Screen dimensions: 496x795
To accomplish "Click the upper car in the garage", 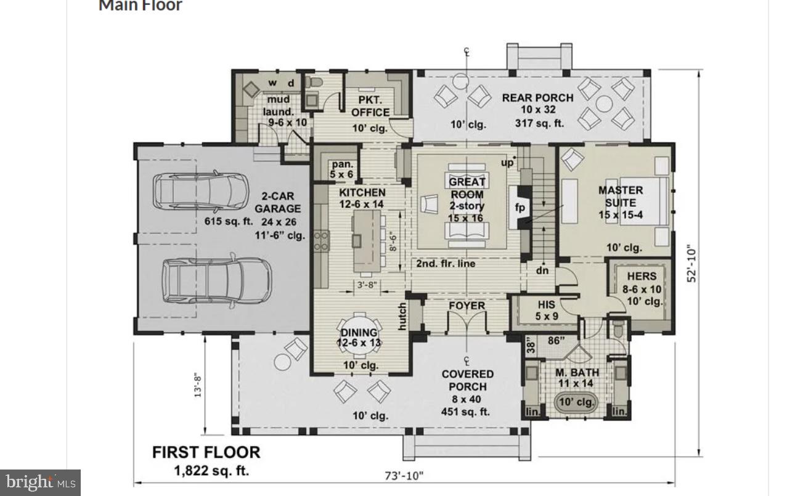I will (x=200, y=192).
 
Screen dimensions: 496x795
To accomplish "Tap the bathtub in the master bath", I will (x=576, y=403).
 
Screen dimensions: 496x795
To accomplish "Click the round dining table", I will (x=357, y=339).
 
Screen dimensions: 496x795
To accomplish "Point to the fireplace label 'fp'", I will (x=520, y=208).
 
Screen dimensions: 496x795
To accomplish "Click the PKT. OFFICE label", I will (x=370, y=106).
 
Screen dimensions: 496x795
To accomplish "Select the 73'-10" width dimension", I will (x=404, y=475).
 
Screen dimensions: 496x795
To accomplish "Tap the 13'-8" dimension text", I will (x=198, y=383).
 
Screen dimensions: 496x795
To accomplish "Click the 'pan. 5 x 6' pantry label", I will (x=342, y=169).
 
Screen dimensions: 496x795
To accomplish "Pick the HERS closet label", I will (x=642, y=282).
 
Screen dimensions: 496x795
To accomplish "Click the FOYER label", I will (x=467, y=306).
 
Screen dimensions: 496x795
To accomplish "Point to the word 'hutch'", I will (x=402, y=316).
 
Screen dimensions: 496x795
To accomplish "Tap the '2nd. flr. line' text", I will (x=446, y=264).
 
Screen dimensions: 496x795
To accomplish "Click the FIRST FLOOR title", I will (x=206, y=452).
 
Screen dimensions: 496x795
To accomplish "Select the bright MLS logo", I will (x=41, y=482).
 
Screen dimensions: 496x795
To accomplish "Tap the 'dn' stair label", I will (x=542, y=270).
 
